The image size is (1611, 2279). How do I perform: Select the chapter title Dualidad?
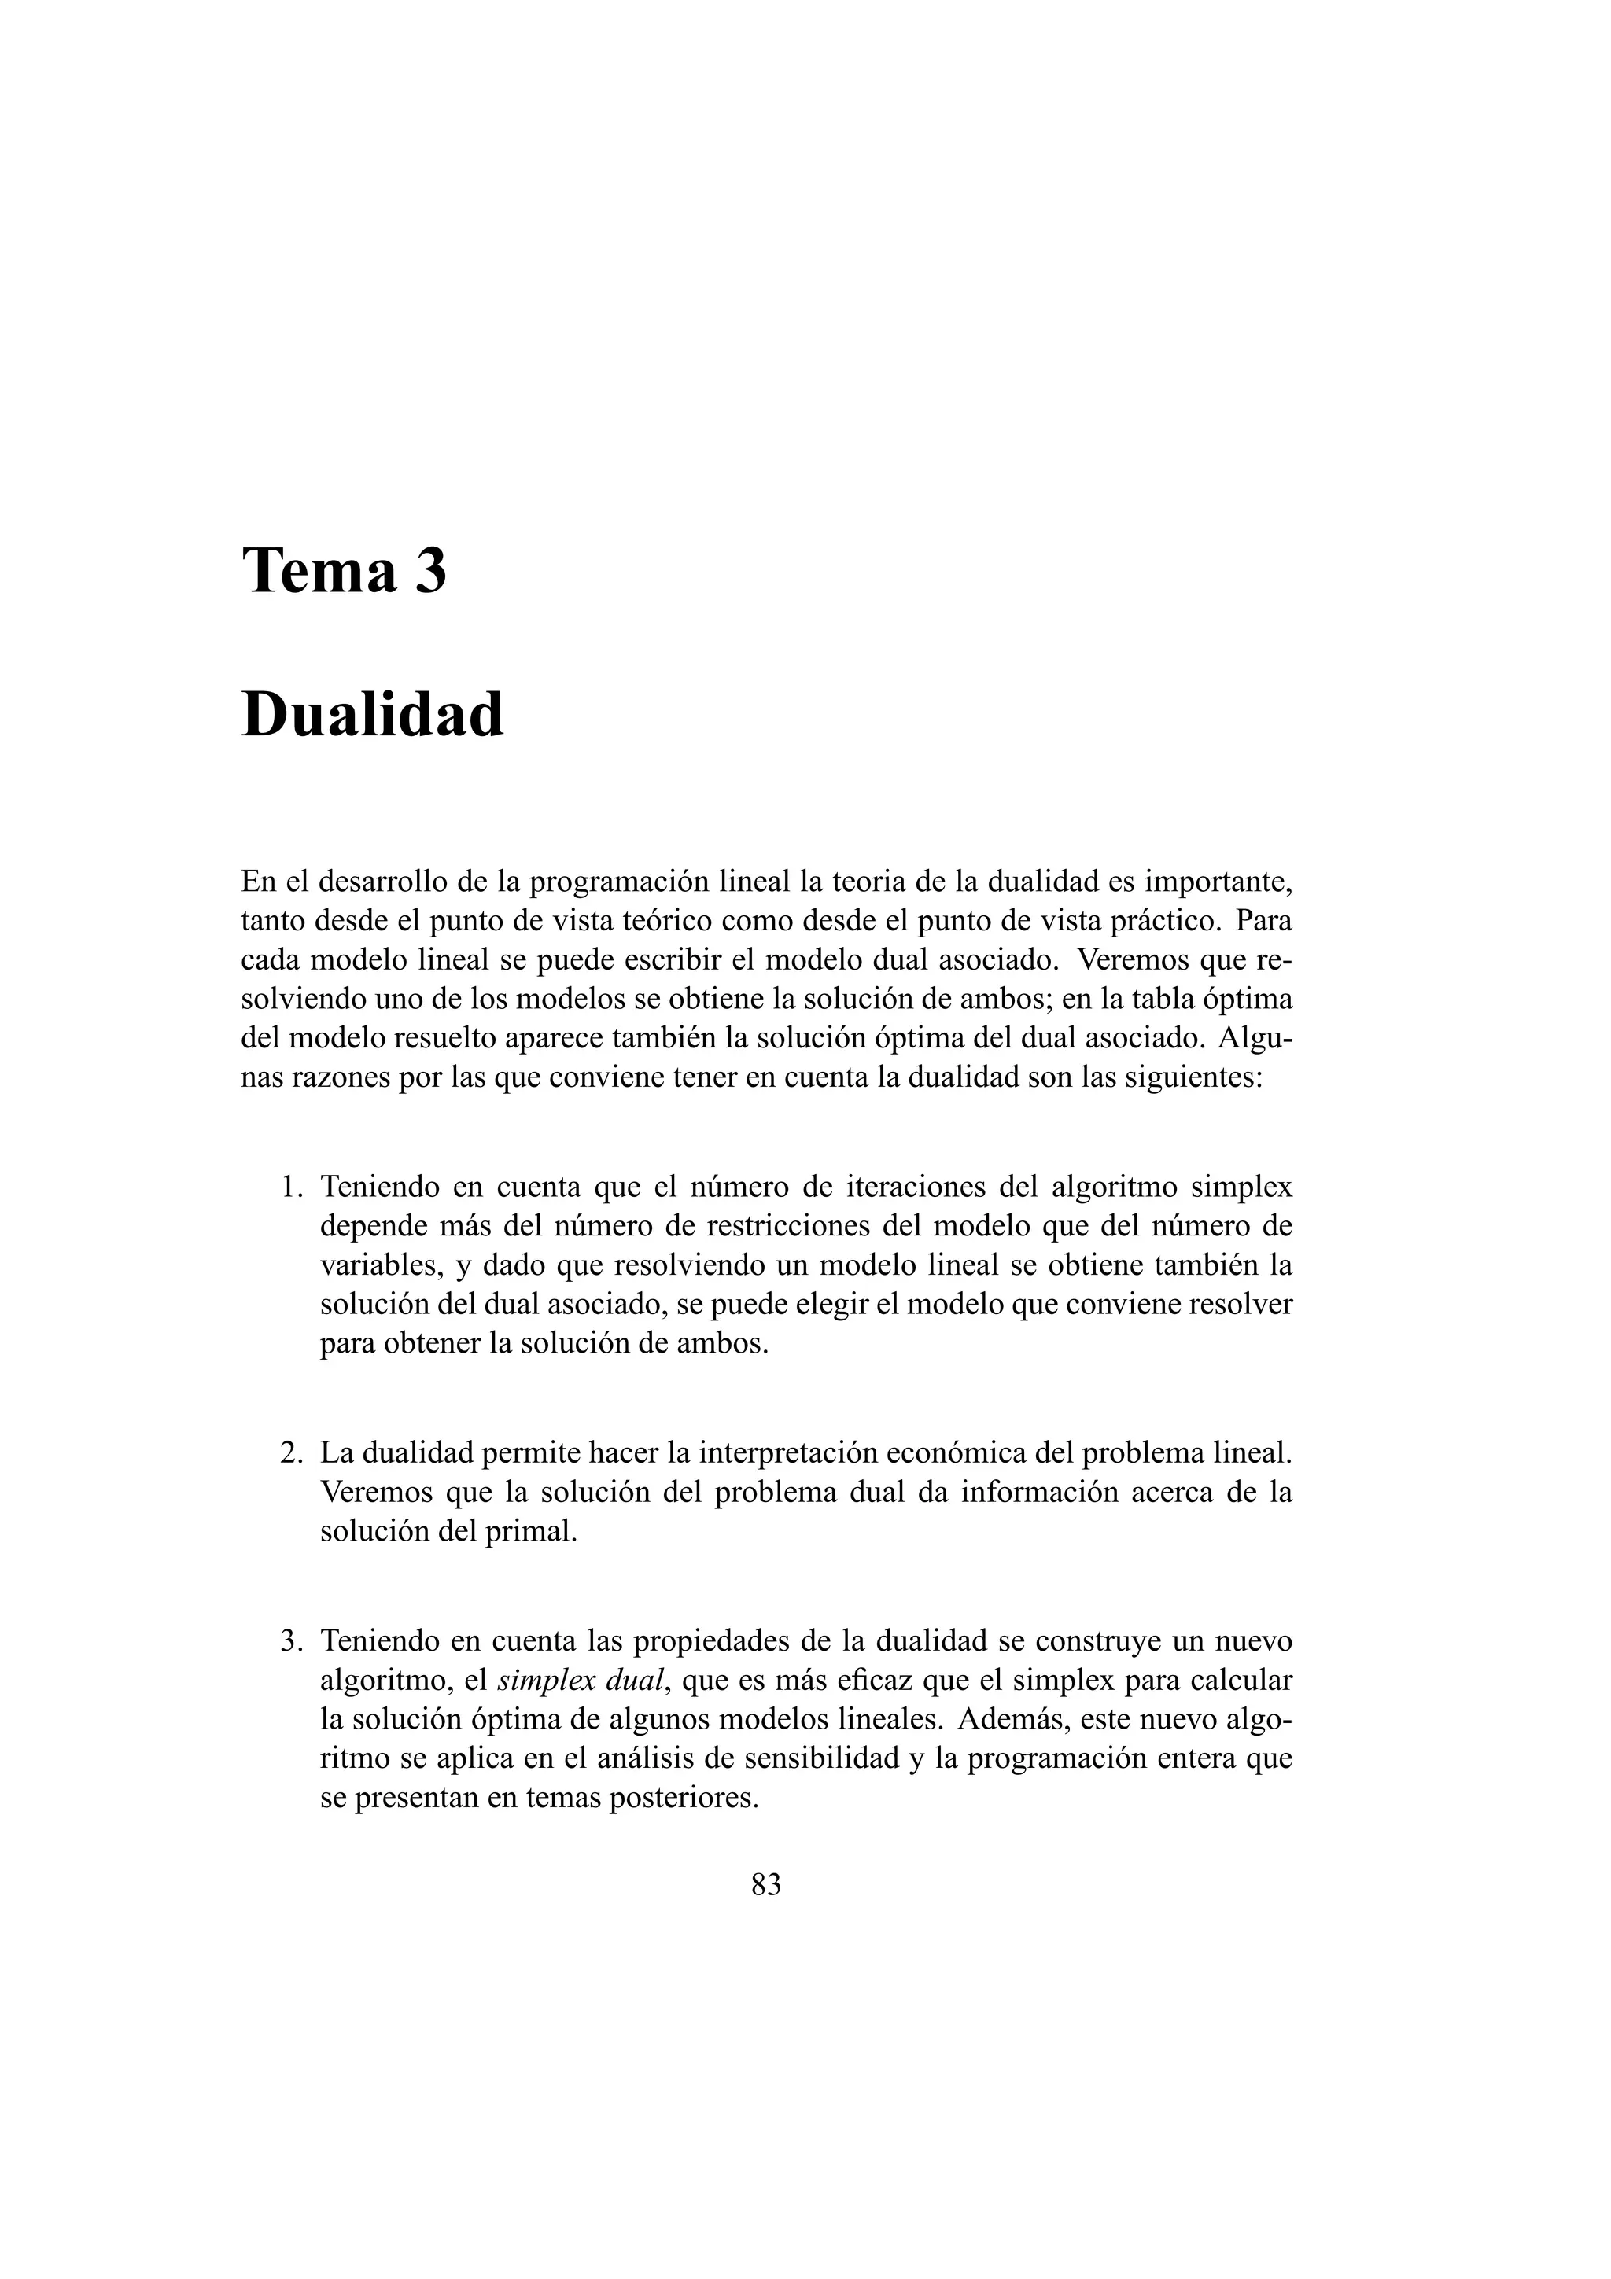pos(372,715)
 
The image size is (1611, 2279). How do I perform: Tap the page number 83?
pos(766,1884)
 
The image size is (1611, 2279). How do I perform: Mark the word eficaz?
pos(875,1681)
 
